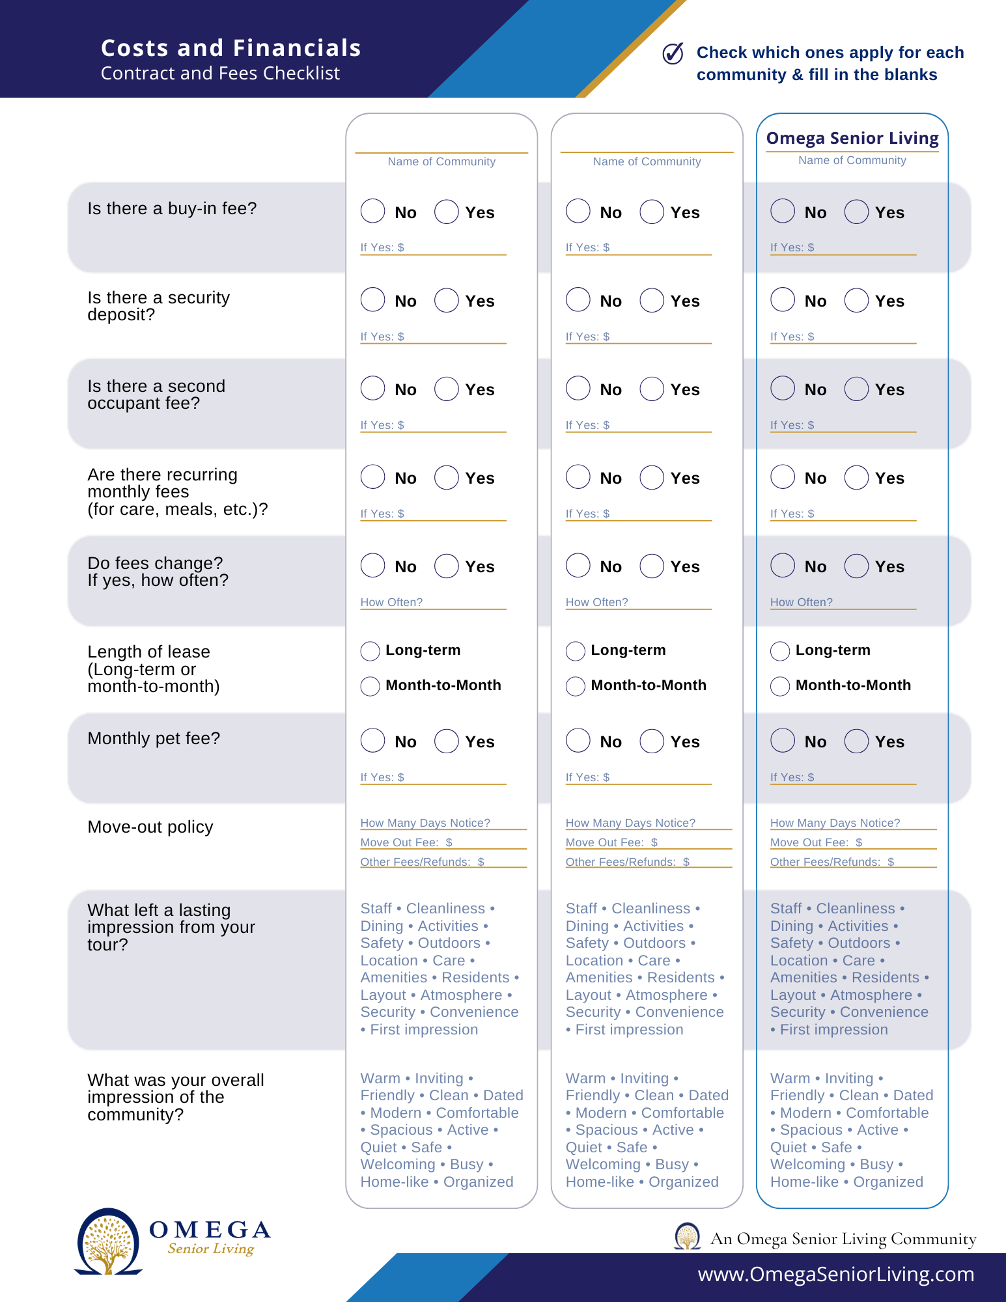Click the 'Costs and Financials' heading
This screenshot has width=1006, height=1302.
click(x=231, y=48)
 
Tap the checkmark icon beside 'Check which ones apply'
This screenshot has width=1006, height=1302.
click(x=673, y=53)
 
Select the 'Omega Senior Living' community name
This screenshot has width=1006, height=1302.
click(x=852, y=138)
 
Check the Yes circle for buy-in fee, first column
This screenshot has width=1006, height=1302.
click(x=447, y=212)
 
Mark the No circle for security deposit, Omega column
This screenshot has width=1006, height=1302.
click(x=783, y=300)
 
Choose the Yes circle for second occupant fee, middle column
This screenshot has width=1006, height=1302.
click(x=652, y=389)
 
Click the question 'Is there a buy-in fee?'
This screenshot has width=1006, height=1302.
click(x=172, y=208)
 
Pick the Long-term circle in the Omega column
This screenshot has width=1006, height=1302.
click(x=780, y=651)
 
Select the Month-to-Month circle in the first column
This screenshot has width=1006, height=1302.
click(x=370, y=686)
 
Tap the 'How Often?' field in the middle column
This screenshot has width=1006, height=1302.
click(x=638, y=603)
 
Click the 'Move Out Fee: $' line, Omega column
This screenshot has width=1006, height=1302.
click(x=853, y=843)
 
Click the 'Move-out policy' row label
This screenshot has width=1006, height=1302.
click(x=150, y=827)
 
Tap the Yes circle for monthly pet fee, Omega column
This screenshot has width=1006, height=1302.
click(x=856, y=741)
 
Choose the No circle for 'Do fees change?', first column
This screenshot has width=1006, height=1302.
click(x=373, y=566)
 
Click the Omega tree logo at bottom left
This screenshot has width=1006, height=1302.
click(x=108, y=1241)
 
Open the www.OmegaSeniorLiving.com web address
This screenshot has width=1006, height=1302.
click(x=835, y=1275)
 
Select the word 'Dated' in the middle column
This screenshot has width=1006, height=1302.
click(x=708, y=1096)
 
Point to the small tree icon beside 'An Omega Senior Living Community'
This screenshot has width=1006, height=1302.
click(x=687, y=1236)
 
